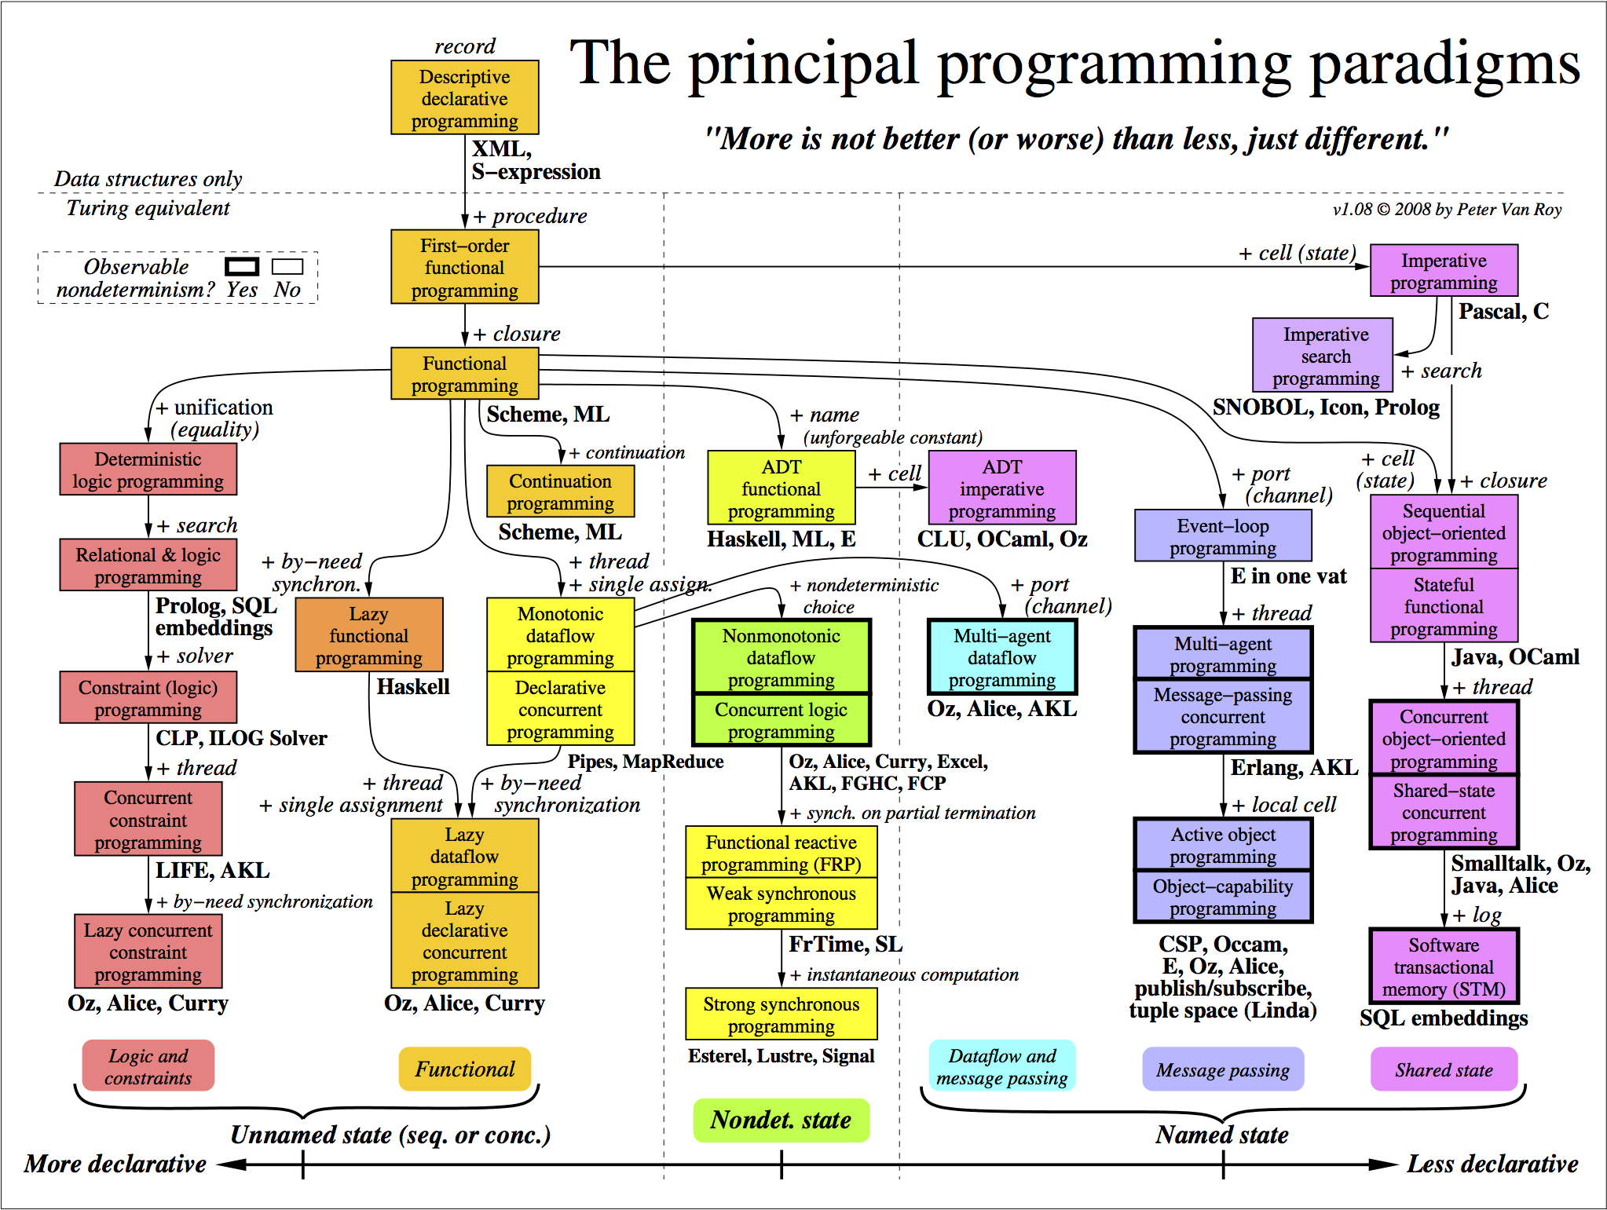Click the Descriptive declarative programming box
click(x=465, y=97)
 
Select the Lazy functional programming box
click(x=368, y=634)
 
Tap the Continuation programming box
click(x=560, y=492)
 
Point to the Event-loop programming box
click(x=1223, y=536)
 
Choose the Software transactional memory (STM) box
click(x=1444, y=966)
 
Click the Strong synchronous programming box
click(x=781, y=1014)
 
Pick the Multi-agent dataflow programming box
click(x=1001, y=656)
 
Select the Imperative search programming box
click(x=1323, y=355)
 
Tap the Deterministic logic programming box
click(x=148, y=469)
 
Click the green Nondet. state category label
click(x=781, y=1120)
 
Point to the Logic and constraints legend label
click(x=148, y=1066)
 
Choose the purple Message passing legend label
click(x=1223, y=1069)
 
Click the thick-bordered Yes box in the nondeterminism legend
click(x=241, y=267)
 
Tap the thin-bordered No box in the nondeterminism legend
click(x=287, y=267)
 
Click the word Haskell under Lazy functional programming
click(x=413, y=686)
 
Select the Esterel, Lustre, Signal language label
click(x=781, y=1056)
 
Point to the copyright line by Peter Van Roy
click(x=1447, y=210)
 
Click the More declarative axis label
click(x=115, y=1164)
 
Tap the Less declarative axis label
click(x=1492, y=1164)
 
